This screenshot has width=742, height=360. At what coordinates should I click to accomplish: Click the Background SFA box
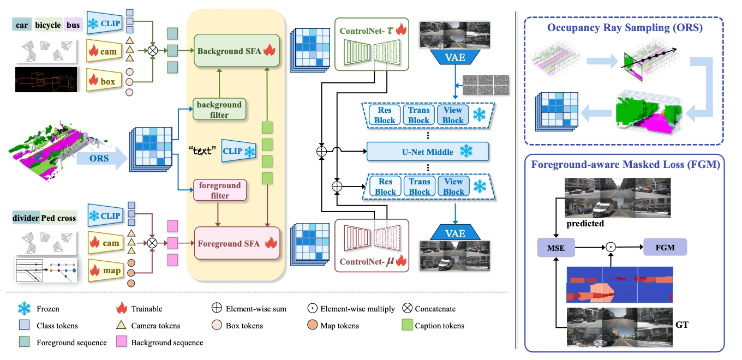[x=236, y=51]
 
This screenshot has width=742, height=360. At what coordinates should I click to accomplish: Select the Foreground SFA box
[x=236, y=244]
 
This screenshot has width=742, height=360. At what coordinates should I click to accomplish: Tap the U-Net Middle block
[x=425, y=152]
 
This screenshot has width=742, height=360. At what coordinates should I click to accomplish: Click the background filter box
[x=219, y=110]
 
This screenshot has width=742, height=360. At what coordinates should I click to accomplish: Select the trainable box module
[x=103, y=81]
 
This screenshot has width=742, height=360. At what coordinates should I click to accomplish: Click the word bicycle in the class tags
[x=48, y=25]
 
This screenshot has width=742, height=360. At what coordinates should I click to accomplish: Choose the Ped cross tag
[x=59, y=218]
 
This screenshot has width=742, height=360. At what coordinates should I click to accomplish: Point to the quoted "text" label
[x=203, y=149]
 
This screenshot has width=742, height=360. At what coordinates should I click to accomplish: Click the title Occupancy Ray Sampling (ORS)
[x=624, y=28]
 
